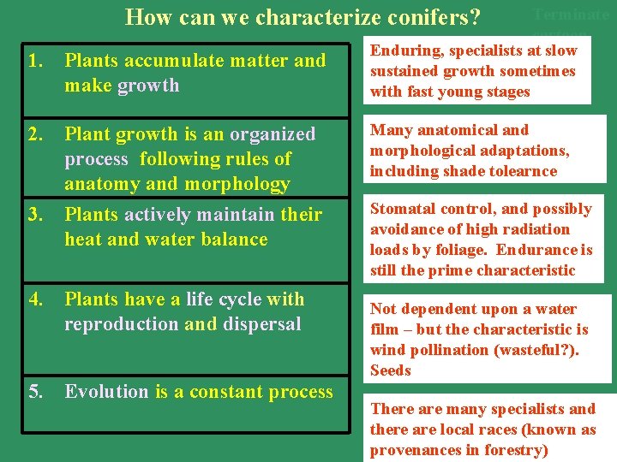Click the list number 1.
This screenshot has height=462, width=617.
click(34, 61)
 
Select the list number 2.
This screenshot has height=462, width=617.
click(34, 134)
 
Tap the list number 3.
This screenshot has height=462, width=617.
click(34, 214)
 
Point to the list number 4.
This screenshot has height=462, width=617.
click(34, 299)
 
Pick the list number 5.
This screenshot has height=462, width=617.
click(34, 392)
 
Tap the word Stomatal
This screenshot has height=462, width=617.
click(403, 209)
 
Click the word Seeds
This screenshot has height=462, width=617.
click(391, 370)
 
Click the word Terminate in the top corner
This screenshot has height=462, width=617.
click(571, 15)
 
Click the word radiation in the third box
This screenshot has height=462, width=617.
click(535, 229)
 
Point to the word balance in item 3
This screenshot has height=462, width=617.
click(232, 240)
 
